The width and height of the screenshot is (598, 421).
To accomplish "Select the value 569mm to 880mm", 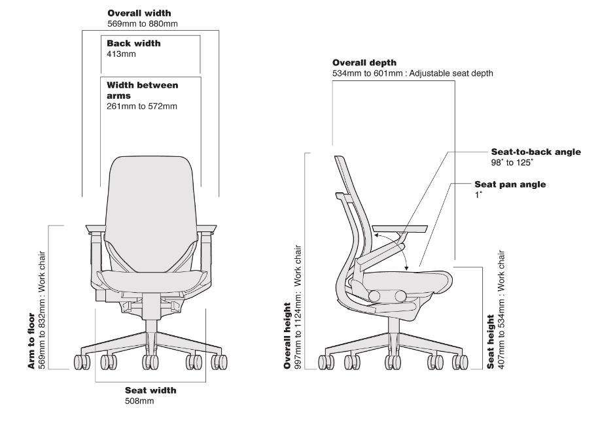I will pyautogui.click(x=142, y=24).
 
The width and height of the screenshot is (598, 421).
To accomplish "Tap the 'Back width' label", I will pyautogui.click(x=133, y=43).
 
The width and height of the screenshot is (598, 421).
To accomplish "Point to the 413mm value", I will pyautogui.click(x=120, y=54).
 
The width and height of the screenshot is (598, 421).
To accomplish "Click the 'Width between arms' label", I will pyautogui.click(x=142, y=90).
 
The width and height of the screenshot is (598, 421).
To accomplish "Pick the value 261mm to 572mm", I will pyautogui.click(x=141, y=106).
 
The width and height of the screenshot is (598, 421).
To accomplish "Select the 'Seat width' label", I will pyautogui.click(x=150, y=390).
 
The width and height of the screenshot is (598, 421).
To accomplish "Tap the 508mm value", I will pyautogui.click(x=139, y=401).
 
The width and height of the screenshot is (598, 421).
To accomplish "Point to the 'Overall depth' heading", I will pyautogui.click(x=364, y=63).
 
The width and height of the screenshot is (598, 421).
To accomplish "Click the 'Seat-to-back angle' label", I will pyautogui.click(x=535, y=152).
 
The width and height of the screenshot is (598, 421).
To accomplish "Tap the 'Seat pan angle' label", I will pyautogui.click(x=510, y=184).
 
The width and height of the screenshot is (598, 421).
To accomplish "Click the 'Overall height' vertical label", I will pyautogui.click(x=288, y=335).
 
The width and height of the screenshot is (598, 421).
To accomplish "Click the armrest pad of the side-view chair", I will pyautogui.click(x=400, y=229).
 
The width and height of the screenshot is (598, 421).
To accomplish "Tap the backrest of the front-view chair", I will pyautogui.click(x=150, y=196).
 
